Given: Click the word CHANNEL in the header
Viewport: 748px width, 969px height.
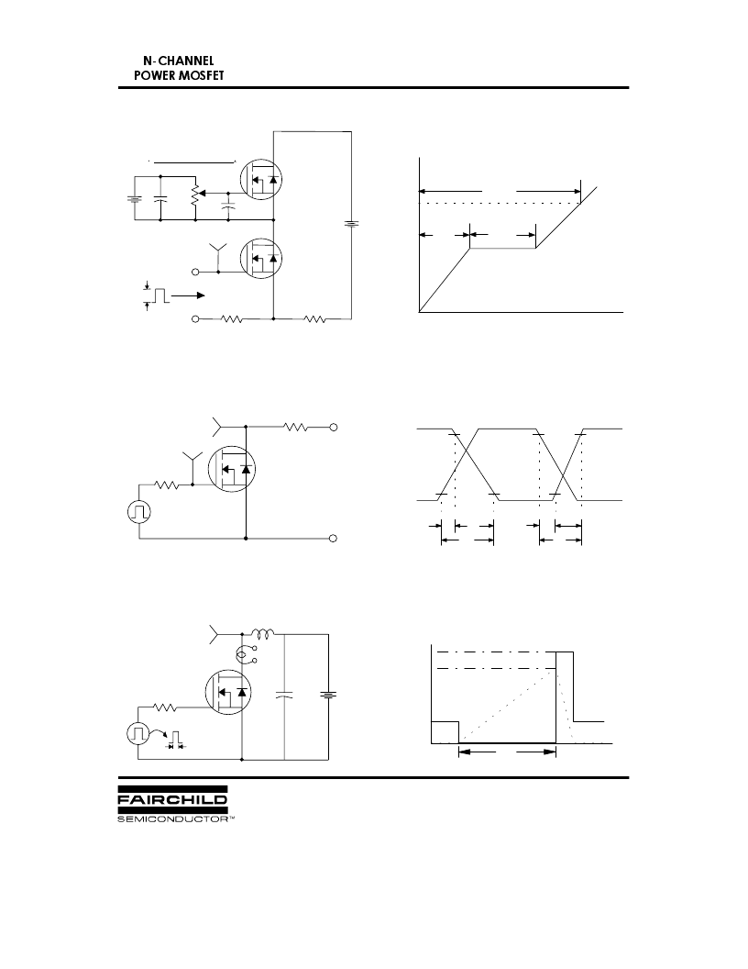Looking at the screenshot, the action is click(186, 61).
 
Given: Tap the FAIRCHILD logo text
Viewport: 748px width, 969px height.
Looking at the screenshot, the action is click(172, 799).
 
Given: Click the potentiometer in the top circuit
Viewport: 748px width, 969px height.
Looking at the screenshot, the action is click(196, 194).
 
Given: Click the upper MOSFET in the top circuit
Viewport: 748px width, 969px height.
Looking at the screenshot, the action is click(260, 179).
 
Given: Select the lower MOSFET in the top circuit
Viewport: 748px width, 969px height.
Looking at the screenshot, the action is click(260, 259).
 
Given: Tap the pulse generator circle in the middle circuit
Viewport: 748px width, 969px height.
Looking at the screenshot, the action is click(138, 512).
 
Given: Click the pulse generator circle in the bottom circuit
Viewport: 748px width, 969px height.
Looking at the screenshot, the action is click(138, 734).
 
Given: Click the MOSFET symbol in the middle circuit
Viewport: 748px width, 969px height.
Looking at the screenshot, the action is click(232, 469).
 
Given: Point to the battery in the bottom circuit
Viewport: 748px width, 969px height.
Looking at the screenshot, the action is click(328, 695).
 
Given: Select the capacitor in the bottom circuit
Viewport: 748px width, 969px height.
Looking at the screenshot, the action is click(284, 695).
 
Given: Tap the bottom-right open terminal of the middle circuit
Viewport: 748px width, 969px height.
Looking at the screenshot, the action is click(334, 539).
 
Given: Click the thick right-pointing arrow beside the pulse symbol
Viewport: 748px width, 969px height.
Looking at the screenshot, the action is click(188, 296).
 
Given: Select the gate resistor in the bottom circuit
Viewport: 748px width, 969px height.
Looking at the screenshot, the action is click(165, 707).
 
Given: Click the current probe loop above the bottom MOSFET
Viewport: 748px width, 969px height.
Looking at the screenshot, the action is click(243, 654).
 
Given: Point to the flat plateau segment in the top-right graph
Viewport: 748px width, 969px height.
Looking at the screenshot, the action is click(503, 249).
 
